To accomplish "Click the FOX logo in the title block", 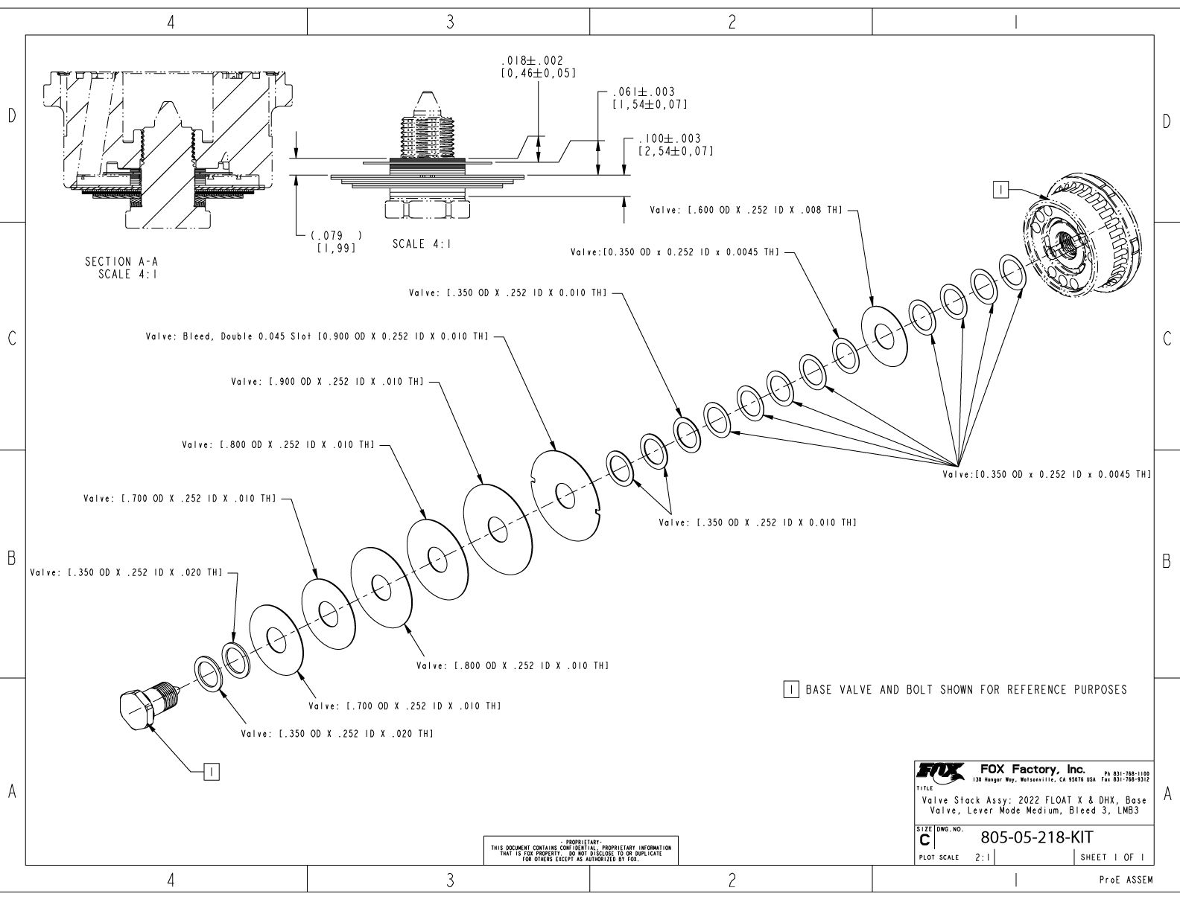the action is click(941, 771).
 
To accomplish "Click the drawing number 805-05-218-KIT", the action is click(1036, 837).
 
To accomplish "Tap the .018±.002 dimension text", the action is click(532, 60).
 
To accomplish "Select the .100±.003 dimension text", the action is click(670, 138).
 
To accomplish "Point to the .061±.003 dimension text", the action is click(644, 92).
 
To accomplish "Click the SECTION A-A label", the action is click(121, 261).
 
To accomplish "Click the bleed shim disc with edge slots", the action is click(565, 496).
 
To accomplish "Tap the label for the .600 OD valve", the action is click(746, 210).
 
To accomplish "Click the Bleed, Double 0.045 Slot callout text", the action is click(317, 336).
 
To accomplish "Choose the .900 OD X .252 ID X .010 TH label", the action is click(328, 381).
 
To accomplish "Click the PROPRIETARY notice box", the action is click(580, 850).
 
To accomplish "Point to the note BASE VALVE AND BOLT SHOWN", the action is click(966, 690).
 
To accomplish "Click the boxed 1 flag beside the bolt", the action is click(212, 772).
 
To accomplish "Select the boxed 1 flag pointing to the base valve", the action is click(1000, 190).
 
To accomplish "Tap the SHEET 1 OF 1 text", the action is click(1112, 857).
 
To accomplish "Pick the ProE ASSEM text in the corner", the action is click(1126, 880).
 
